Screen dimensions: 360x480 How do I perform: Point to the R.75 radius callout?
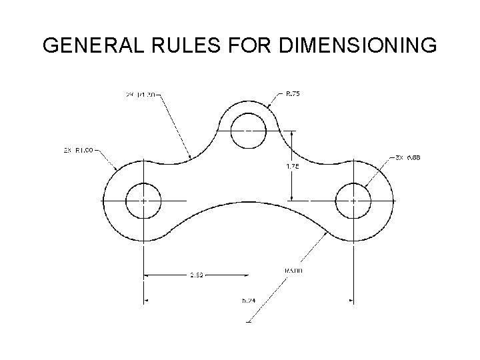293,95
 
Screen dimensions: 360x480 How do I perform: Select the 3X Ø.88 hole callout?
409,158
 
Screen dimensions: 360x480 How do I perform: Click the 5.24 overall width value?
249,301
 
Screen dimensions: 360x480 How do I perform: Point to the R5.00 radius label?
293,271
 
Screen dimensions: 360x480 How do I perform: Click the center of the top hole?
247,131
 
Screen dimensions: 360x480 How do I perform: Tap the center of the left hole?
143,201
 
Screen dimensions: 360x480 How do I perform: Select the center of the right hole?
353,201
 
